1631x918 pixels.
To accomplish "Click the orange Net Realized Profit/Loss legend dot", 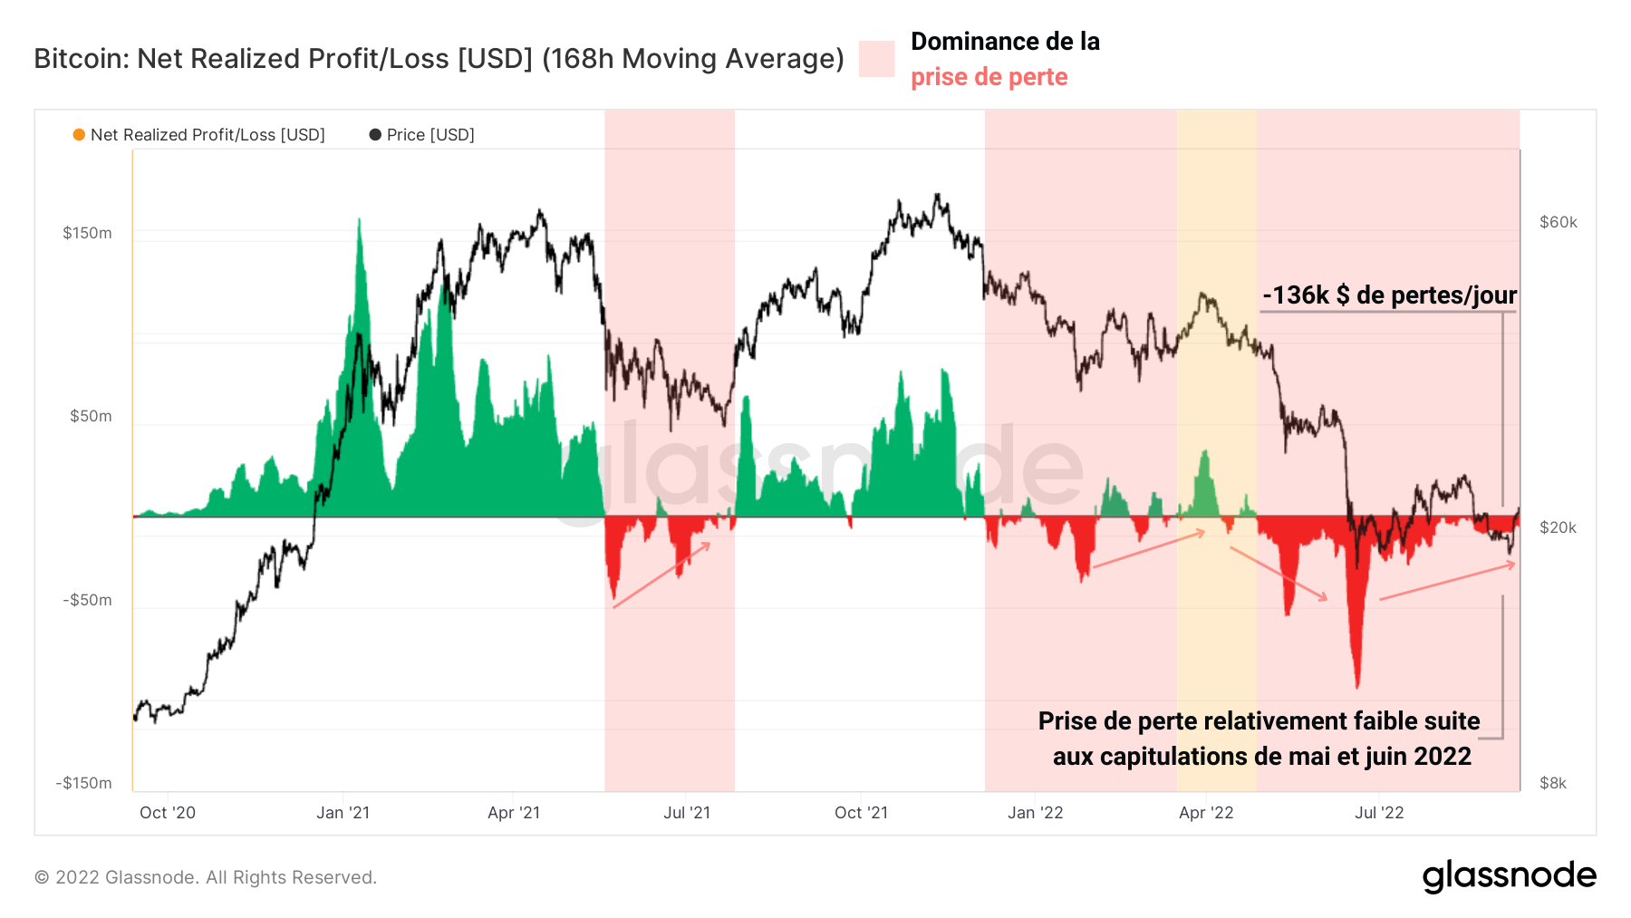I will click(x=79, y=135).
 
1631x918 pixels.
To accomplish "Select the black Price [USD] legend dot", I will click(x=375, y=135).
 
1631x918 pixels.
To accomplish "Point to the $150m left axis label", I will click(x=87, y=233).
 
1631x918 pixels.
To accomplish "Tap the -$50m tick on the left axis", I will click(x=87, y=600).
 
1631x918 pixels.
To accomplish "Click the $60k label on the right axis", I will click(x=1558, y=222).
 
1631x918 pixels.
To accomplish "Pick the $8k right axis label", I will click(x=1552, y=783).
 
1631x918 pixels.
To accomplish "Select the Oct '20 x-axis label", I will click(x=168, y=813).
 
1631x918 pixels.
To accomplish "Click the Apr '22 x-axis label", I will click(x=1205, y=813).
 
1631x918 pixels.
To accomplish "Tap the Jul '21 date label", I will click(x=686, y=813).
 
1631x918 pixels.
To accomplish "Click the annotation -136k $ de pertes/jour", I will click(x=1389, y=295).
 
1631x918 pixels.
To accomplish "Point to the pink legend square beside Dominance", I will click(x=876, y=59).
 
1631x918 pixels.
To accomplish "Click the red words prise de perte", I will click(x=989, y=77).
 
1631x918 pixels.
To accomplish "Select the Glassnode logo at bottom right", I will click(x=1509, y=875).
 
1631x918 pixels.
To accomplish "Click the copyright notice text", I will click(x=206, y=877).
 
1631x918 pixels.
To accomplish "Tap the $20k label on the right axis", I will click(x=1558, y=527).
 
